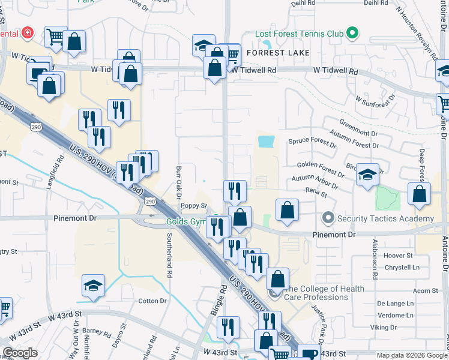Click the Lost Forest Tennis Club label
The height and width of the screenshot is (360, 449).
tap(300, 34)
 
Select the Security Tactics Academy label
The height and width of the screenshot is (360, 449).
tap(385, 218)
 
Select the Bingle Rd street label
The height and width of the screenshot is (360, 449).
tap(219, 301)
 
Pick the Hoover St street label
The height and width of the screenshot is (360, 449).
tap(398, 255)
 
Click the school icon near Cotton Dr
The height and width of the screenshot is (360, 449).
tap(93, 286)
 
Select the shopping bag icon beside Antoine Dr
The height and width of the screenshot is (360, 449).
tap(419, 194)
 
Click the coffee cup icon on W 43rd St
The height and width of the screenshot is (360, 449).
tap(310, 353)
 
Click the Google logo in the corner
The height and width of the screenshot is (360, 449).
tap(20, 353)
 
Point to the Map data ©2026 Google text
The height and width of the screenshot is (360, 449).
tap(411, 355)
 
